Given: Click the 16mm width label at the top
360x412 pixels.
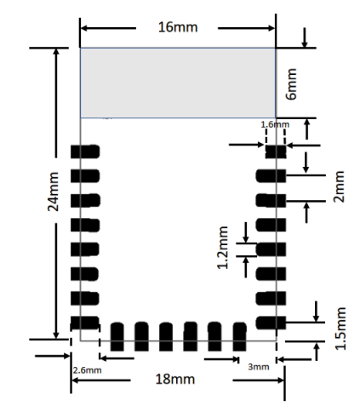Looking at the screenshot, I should coord(178,27).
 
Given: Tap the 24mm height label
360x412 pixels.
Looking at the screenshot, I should coord(54,192).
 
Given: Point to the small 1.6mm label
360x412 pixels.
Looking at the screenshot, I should coord(274,124).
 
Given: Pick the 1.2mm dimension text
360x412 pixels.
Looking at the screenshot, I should coord(224,248).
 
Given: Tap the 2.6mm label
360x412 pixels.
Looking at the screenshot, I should coord(87,370).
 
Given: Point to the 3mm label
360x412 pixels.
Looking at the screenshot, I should coord(258,368).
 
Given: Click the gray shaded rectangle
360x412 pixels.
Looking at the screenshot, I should coord(177,83).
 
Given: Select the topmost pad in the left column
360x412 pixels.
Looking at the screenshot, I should coord(85,152).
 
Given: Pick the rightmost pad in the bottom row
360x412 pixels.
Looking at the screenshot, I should coord(239,336).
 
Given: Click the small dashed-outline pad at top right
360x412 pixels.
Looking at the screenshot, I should coord(274,152).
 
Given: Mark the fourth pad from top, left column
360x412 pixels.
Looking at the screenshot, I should coord(85,225).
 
